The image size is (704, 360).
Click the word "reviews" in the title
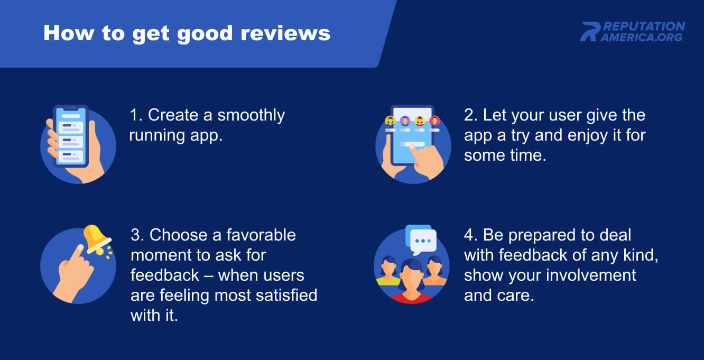click(285, 33)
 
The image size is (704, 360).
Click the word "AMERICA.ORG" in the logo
click(642, 37)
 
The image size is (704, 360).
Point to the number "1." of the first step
click(136, 115)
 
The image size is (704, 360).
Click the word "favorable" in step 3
click(261, 235)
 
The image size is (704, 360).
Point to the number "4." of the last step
click(471, 235)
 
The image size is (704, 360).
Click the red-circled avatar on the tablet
click(434, 121)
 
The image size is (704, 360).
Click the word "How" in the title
click(69, 33)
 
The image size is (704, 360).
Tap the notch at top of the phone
click(71, 108)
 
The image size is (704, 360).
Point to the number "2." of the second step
click(471, 115)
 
